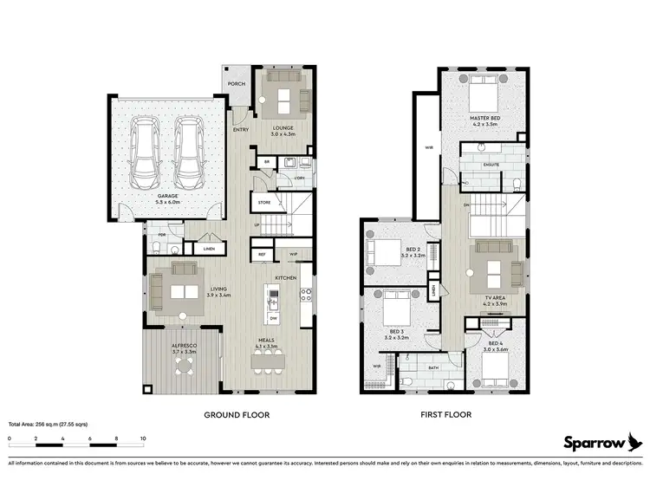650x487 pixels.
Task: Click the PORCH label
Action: coord(235,84)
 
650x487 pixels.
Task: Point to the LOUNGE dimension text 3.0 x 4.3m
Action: coord(283,134)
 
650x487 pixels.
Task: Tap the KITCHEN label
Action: coord(287,277)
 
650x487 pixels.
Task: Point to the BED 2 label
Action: coord(413,250)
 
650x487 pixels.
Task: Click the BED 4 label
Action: coord(495,343)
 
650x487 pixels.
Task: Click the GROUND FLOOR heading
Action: coord(234,415)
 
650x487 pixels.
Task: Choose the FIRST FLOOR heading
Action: coord(445,415)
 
